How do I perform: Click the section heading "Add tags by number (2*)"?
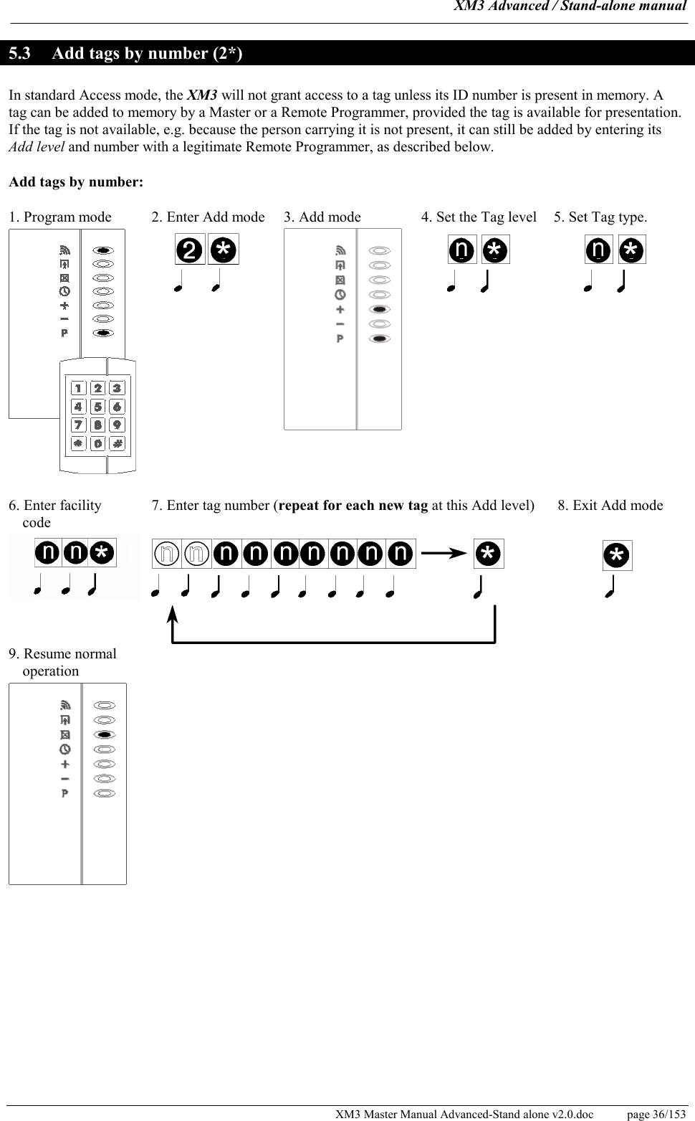tap(147, 54)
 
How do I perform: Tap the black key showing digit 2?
tap(190, 250)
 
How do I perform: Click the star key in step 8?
tap(617, 556)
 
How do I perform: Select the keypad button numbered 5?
tap(97, 407)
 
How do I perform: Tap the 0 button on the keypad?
tap(97, 444)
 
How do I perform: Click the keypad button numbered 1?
tap(78, 388)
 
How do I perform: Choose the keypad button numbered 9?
tap(117, 425)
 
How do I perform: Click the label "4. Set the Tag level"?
tap(479, 217)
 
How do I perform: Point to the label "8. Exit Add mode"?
tap(610, 505)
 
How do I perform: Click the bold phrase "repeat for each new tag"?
tap(353, 505)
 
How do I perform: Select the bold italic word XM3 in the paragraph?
tap(202, 95)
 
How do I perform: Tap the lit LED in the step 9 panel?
tap(105, 734)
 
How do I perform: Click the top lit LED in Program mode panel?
tap(104, 250)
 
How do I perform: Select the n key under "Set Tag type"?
tap(599, 250)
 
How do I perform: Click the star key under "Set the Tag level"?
tap(494, 250)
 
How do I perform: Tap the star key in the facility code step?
tap(102, 553)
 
